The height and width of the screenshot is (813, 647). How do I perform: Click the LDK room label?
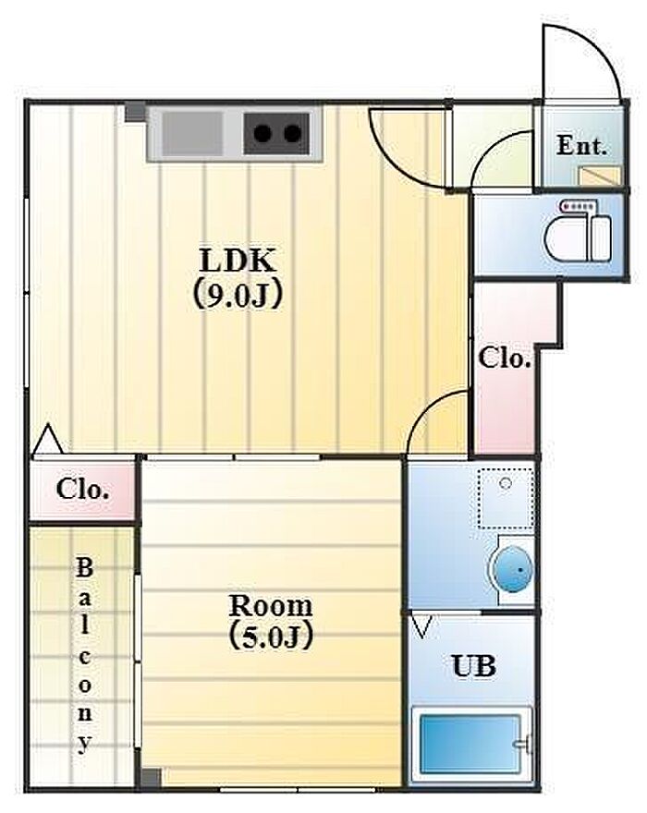click(x=238, y=261)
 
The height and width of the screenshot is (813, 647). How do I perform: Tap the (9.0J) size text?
click(x=238, y=295)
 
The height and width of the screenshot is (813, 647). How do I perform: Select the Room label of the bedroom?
click(x=271, y=605)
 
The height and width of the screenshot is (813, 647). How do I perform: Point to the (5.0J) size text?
click(x=271, y=637)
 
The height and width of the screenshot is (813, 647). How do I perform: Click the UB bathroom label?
click(x=474, y=665)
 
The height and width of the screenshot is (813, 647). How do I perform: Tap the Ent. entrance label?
click(x=581, y=146)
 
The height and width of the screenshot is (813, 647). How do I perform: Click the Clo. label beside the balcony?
click(x=83, y=489)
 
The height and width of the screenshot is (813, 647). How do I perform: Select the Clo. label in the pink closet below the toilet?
click(x=505, y=358)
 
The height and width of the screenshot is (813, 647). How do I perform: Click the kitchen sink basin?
click(x=192, y=134)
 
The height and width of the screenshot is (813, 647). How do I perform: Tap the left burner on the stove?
click(x=263, y=134)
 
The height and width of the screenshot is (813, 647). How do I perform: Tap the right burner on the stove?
click(x=293, y=134)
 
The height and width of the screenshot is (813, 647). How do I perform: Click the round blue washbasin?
click(x=512, y=569)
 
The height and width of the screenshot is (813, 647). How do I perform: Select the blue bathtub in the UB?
click(x=470, y=745)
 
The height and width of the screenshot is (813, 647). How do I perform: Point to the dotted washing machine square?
click(x=506, y=498)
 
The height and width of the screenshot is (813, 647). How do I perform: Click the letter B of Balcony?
click(x=84, y=568)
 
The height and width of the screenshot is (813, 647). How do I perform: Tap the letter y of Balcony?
click(x=84, y=743)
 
